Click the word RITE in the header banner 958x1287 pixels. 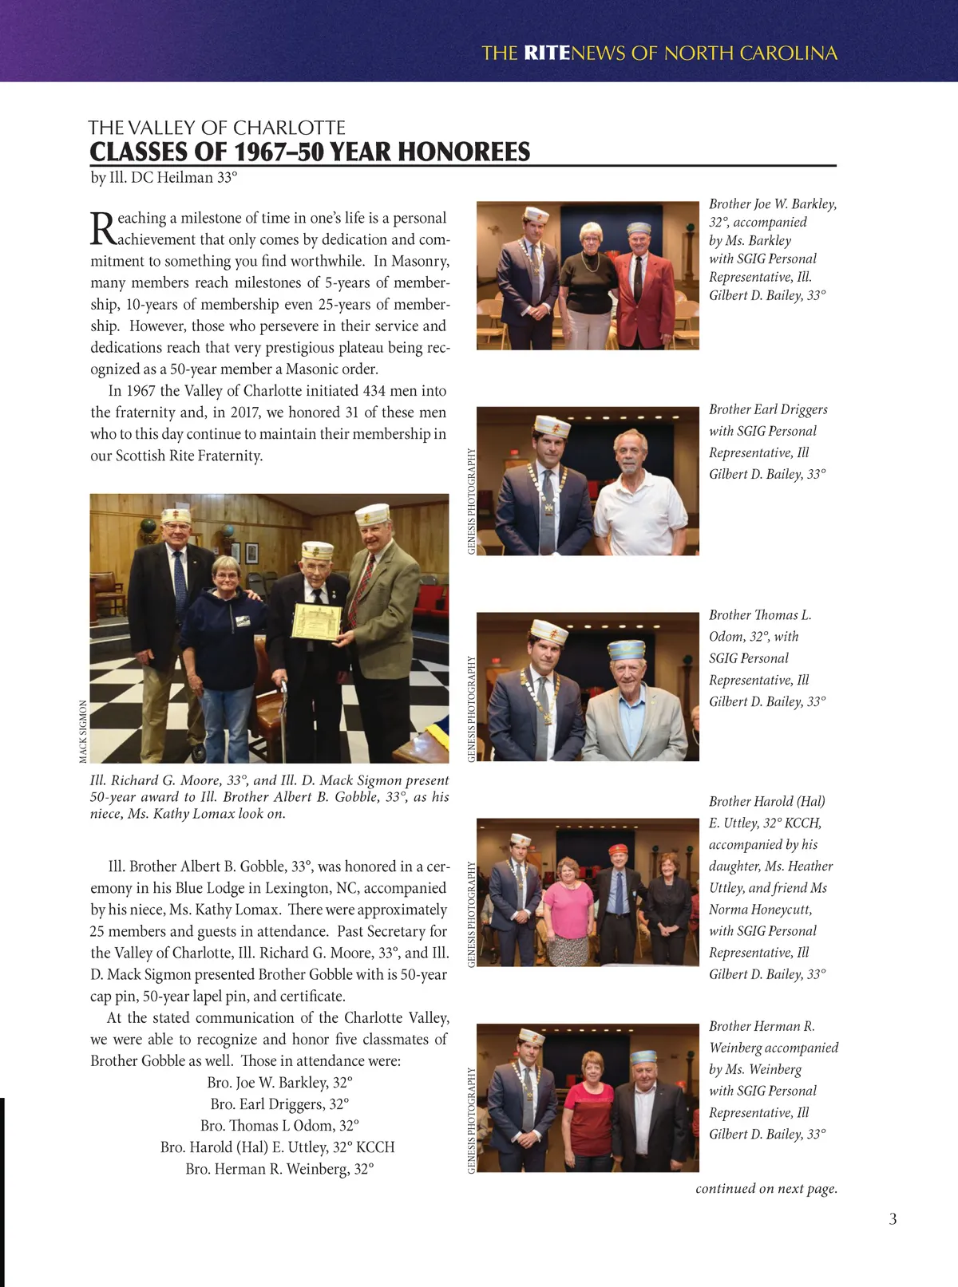[x=547, y=53]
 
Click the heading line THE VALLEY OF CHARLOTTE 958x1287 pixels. [x=216, y=128]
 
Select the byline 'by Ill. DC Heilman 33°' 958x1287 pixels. [x=164, y=177]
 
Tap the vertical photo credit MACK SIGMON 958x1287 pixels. [x=83, y=731]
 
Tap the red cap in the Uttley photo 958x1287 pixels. [x=617, y=849]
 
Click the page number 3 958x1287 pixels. [x=893, y=1219]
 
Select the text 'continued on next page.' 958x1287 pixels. [x=766, y=1189]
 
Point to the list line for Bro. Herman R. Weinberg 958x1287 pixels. [x=280, y=1169]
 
